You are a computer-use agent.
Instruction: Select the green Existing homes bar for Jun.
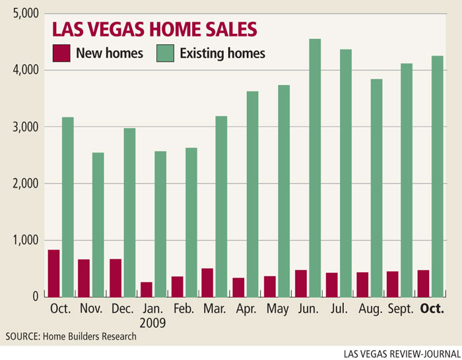[x=315, y=168]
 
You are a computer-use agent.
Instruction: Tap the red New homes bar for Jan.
[x=146, y=289]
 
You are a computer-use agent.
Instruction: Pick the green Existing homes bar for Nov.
[x=98, y=225]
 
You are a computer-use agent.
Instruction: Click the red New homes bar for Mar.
[x=207, y=282]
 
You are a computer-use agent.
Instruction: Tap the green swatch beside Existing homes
[x=164, y=53]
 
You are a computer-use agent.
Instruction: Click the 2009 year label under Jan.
[x=153, y=324]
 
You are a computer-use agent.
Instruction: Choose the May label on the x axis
[x=277, y=309]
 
